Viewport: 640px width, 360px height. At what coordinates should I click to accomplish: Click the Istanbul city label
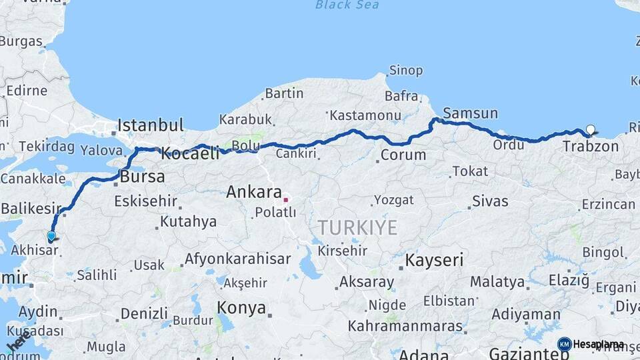click(x=150, y=125)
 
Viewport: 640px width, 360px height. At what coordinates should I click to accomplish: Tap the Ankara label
click(x=254, y=192)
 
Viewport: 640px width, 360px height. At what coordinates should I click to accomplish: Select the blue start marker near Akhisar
click(x=51, y=235)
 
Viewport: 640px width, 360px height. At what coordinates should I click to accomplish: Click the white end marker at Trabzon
click(x=590, y=129)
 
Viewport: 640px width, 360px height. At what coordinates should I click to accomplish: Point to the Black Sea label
click(x=347, y=5)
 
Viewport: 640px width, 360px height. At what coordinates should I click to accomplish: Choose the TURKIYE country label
click(x=357, y=227)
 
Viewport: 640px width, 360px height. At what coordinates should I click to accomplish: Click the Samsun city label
click(x=470, y=113)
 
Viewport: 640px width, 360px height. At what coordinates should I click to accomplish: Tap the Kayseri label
click(x=434, y=260)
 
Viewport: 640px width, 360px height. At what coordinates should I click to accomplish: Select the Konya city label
click(x=241, y=309)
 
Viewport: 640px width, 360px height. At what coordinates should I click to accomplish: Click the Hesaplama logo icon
click(x=564, y=344)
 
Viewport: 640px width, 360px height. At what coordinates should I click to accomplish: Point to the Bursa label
click(x=142, y=177)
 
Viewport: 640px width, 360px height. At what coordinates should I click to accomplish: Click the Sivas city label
click(x=490, y=201)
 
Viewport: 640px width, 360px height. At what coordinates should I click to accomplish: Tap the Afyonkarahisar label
click(x=237, y=259)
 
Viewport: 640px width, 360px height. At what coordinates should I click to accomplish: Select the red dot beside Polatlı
click(x=285, y=199)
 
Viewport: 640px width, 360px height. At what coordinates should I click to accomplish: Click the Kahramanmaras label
click(x=405, y=327)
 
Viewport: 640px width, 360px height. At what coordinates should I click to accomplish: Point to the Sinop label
click(x=405, y=70)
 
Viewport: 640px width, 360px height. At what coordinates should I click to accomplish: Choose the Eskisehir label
click(x=145, y=200)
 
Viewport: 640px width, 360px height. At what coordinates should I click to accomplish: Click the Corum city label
click(x=403, y=155)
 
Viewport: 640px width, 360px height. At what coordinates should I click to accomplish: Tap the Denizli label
click(x=144, y=313)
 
